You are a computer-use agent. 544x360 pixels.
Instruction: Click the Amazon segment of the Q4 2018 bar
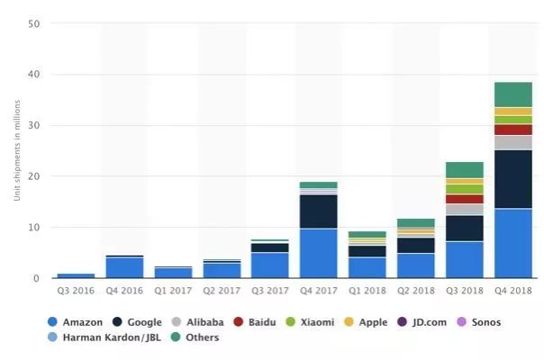[512, 243]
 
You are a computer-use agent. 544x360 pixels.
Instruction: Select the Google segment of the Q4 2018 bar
[512, 178]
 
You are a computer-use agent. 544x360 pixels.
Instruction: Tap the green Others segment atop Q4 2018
[512, 94]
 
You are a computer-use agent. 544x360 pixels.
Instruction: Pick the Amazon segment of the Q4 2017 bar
[318, 253]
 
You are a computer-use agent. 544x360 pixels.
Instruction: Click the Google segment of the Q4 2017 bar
[318, 211]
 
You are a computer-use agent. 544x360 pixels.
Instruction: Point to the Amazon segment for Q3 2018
[464, 259]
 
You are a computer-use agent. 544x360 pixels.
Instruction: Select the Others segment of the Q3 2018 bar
[464, 169]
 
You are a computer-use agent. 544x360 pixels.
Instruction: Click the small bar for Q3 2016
[76, 275]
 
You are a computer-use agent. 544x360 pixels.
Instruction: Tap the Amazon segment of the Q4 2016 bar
[124, 267]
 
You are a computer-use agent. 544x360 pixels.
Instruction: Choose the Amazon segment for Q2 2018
[415, 265]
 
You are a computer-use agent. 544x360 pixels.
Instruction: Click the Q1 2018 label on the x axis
[367, 292]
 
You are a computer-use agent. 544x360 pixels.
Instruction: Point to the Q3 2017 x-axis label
[269, 292]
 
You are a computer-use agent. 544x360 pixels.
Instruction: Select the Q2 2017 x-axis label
[221, 292]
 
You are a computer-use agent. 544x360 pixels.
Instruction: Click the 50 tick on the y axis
[33, 24]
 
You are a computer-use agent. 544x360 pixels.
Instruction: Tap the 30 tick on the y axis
[33, 126]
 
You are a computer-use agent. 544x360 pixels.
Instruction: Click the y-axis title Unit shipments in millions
[17, 151]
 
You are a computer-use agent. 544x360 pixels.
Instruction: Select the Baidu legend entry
[257, 321]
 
